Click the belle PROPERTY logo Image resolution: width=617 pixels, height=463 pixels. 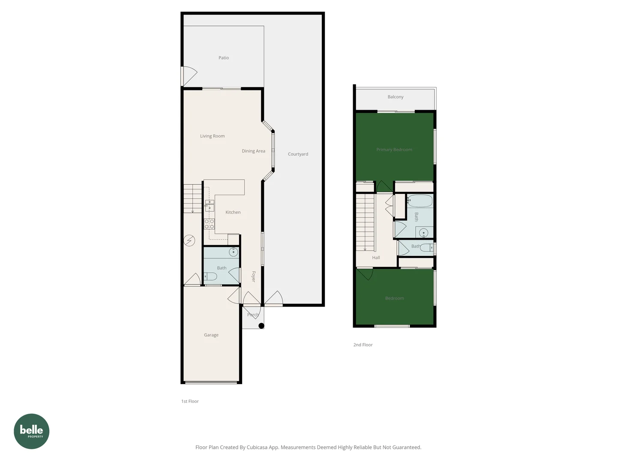32,431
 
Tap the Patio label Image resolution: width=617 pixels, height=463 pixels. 224,58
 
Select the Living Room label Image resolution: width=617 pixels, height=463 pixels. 212,136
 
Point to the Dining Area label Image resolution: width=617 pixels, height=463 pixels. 253,151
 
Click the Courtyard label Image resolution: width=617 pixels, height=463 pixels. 298,154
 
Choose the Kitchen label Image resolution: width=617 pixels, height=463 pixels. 233,212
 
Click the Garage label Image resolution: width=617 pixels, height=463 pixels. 211,335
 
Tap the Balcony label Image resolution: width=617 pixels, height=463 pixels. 395,97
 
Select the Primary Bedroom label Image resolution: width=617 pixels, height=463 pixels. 394,150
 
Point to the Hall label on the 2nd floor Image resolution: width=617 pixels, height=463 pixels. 376,258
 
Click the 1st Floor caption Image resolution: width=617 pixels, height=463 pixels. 190,401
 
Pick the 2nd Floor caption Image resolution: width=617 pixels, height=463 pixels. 363,345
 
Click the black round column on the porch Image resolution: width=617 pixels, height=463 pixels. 261,326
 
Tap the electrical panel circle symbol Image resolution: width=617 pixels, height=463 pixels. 189,241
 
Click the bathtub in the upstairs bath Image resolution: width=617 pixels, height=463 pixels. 420,201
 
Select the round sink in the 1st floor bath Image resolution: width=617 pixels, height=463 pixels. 234,252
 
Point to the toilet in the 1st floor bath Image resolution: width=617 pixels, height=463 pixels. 210,276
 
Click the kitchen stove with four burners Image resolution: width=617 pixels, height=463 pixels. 209,224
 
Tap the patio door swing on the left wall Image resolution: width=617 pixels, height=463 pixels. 189,76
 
